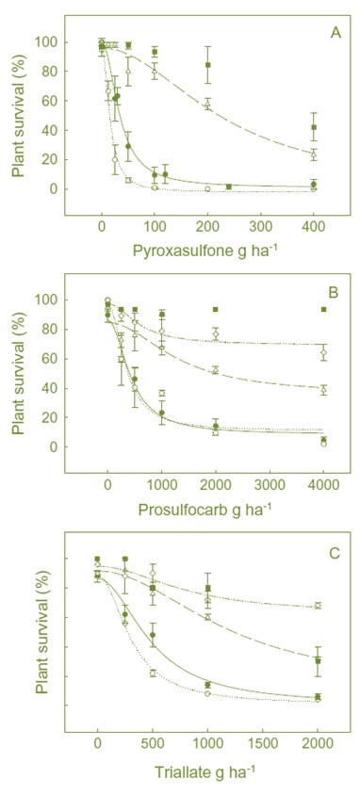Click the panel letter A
335,33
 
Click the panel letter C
335,552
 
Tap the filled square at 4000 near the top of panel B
323,309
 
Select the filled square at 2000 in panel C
318,660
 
